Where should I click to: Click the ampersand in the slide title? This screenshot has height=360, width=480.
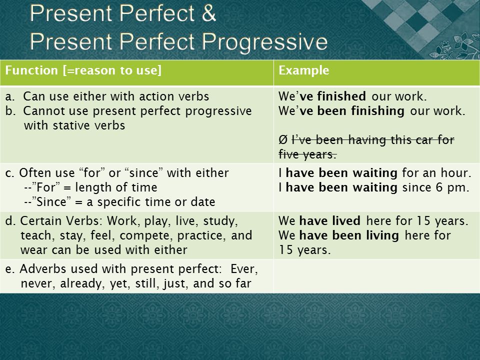pyautogui.click(x=209, y=13)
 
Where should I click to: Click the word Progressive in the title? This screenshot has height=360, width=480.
pyautogui.click(x=265, y=42)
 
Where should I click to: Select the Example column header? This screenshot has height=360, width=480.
pyautogui.click(x=303, y=70)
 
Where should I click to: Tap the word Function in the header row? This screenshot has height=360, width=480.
pyautogui.click(x=31, y=70)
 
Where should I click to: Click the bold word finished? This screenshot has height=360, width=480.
pyautogui.click(x=341, y=96)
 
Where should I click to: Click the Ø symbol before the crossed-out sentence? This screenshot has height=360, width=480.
pyautogui.click(x=283, y=140)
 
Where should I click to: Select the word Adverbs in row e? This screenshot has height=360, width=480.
pyautogui.click(x=43, y=268)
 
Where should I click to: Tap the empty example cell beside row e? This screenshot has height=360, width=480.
pyautogui.click(x=376, y=276)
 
